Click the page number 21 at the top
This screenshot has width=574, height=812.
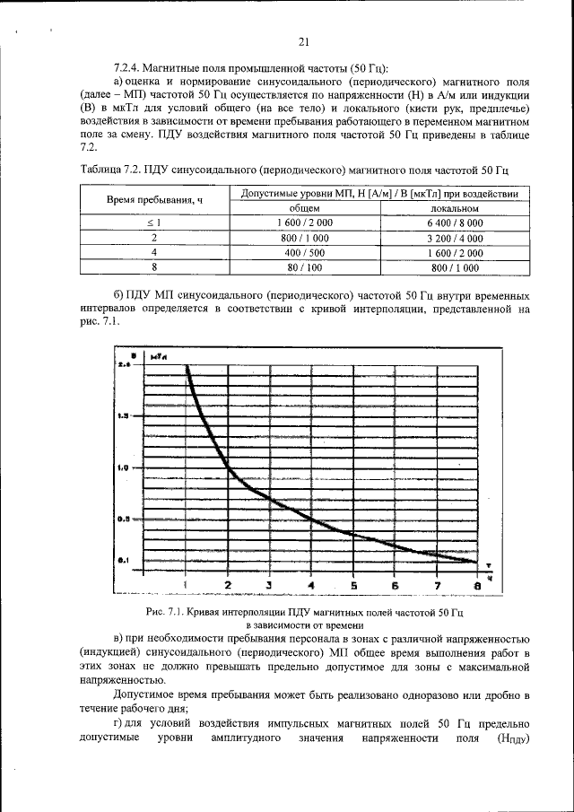[303, 41]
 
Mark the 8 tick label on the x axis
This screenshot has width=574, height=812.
[477, 586]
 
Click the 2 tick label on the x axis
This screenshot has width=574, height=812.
[227, 586]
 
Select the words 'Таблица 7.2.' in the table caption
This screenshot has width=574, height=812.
[110, 170]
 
